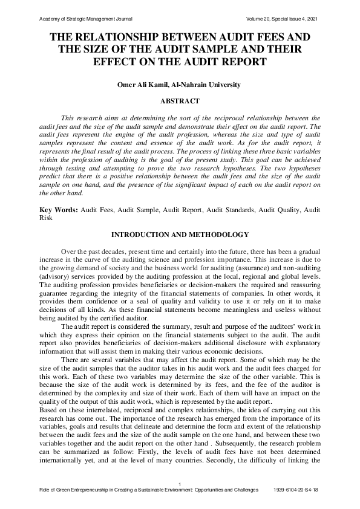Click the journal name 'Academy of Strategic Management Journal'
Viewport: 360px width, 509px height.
[x=85, y=19]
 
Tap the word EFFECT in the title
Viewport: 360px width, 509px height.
[x=115, y=62]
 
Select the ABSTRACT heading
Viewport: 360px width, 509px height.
[x=180, y=102]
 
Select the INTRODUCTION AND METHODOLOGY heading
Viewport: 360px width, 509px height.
[x=180, y=234]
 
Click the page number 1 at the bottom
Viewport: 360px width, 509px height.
[x=180, y=483]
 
